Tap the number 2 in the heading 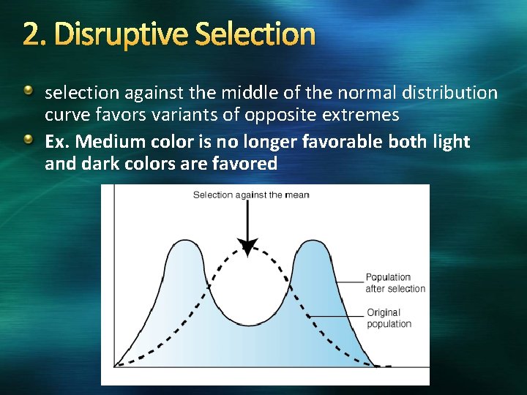30,34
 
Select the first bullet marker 29,91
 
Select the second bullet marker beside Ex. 29,139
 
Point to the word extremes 359,115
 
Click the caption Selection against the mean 251,195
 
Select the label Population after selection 395,282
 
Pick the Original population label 389,318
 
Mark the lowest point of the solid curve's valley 248,324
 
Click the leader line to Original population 337,315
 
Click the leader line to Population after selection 350,282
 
